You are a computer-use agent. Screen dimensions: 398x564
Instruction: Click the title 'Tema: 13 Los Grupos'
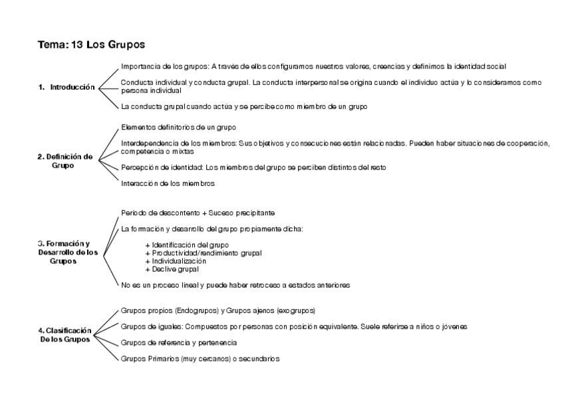click(x=92, y=45)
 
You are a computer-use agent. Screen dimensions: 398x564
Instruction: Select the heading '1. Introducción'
click(x=67, y=87)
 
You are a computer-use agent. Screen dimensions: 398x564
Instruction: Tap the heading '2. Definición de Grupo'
click(x=65, y=161)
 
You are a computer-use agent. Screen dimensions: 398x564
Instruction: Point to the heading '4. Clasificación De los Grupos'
click(x=64, y=334)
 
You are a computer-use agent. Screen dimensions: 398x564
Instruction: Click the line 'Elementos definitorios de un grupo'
click(x=178, y=127)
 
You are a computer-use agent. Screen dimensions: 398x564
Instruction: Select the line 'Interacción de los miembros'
click(x=168, y=183)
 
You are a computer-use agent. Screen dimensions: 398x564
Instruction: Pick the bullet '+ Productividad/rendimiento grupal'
click(x=204, y=253)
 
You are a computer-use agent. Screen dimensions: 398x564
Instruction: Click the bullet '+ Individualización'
click(x=176, y=261)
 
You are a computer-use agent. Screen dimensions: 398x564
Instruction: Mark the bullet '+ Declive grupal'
click(x=172, y=269)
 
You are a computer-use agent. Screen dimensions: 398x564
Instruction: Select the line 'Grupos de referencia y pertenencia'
click(x=179, y=342)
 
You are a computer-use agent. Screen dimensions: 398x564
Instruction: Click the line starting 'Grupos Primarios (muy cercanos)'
click(x=200, y=358)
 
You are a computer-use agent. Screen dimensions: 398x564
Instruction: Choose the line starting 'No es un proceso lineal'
click(x=235, y=285)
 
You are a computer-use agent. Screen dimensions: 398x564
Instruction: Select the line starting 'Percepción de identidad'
click(x=253, y=167)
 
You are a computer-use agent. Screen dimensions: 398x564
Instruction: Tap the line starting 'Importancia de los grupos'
click(x=313, y=66)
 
